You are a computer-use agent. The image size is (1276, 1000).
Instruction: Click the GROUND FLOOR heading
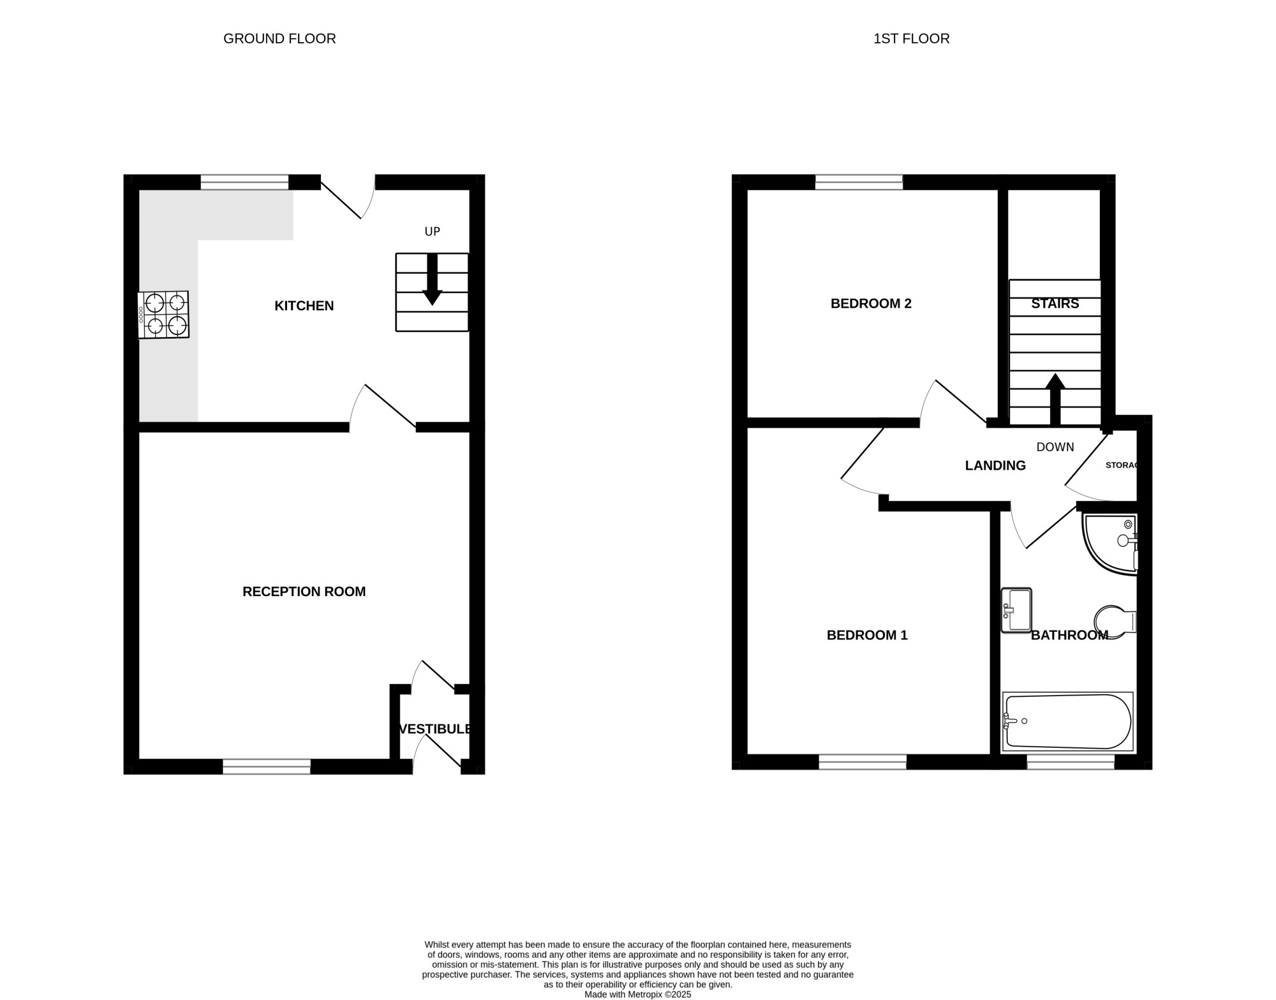click(279, 39)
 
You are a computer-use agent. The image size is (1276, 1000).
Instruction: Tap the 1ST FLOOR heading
click(911, 39)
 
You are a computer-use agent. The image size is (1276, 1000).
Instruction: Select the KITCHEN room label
click(304, 306)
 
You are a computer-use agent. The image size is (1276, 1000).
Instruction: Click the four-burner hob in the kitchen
click(164, 315)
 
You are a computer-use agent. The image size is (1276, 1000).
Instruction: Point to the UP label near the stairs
click(433, 232)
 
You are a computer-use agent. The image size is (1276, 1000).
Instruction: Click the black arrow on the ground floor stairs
click(432, 280)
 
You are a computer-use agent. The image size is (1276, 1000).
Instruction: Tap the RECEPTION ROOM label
click(304, 592)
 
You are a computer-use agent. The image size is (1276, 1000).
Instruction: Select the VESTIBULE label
click(436, 729)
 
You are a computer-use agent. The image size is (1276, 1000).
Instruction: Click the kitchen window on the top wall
click(245, 182)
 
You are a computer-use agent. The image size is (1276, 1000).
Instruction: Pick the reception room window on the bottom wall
click(267, 766)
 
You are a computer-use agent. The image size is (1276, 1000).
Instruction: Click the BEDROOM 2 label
click(871, 304)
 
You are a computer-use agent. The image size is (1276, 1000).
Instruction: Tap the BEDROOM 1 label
click(867, 635)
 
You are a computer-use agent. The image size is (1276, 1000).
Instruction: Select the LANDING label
click(995, 466)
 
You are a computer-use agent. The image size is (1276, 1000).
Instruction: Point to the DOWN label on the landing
click(1055, 447)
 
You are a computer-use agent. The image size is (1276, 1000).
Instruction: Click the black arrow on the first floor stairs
click(1055, 399)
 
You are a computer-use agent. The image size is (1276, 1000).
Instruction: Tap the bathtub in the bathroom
click(1067, 722)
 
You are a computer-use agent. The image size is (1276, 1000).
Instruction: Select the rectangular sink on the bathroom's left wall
click(1016, 610)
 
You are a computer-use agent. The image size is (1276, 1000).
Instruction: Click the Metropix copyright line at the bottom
click(637, 994)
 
